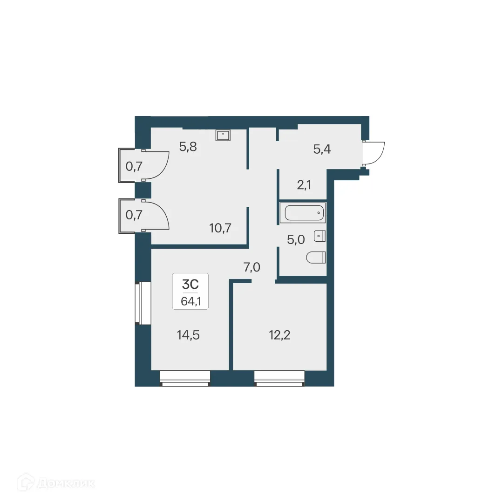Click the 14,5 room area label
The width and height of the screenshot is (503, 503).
pyautogui.click(x=188, y=334)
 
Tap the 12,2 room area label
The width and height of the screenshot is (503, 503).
pyautogui.click(x=280, y=334)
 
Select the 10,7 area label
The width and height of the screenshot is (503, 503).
pyautogui.click(x=221, y=228)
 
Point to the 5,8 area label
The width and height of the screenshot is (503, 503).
pyautogui.click(x=188, y=147)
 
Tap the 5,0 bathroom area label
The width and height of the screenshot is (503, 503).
pyautogui.click(x=296, y=239)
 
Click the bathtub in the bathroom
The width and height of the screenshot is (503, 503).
pyautogui.click(x=303, y=213)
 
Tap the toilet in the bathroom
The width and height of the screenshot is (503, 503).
pyautogui.click(x=316, y=257)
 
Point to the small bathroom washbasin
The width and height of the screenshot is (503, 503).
pyautogui.click(x=319, y=236)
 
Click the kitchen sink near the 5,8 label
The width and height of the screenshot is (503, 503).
pyautogui.click(x=224, y=135)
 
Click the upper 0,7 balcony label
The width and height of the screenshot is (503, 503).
pyautogui.click(x=134, y=165)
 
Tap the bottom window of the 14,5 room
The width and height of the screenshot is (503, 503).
pyautogui.click(x=185, y=378)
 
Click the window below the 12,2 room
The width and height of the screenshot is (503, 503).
pyautogui.click(x=279, y=378)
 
